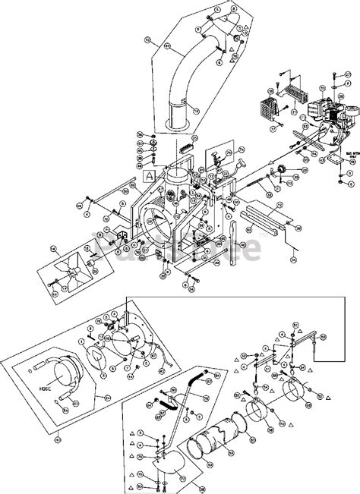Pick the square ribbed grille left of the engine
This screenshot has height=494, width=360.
click(271, 105)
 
